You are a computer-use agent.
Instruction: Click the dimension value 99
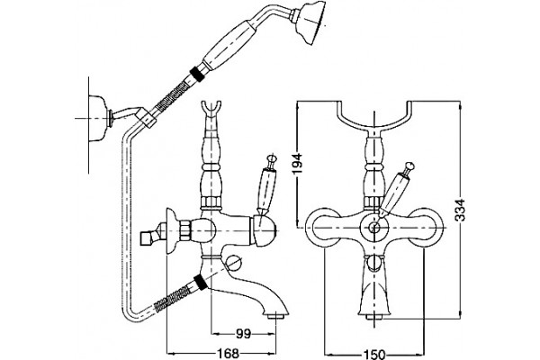click(x=243, y=334)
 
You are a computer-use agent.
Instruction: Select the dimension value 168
click(x=228, y=353)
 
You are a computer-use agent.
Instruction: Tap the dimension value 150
click(x=374, y=354)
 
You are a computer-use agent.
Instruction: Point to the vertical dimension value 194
click(x=298, y=163)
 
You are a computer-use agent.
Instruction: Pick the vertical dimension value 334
click(x=461, y=210)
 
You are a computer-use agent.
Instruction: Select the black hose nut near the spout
click(x=201, y=281)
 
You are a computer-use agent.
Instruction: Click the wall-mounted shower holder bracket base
click(x=97, y=118)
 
